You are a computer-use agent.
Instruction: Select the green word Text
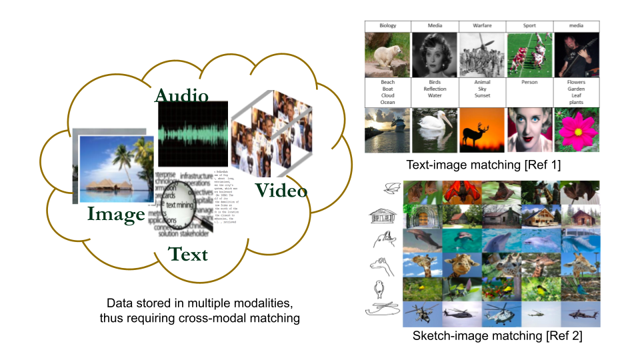point(188,253)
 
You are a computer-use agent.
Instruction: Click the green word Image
point(117,214)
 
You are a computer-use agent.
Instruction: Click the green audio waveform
point(193,133)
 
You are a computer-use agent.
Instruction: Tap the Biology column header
point(387,26)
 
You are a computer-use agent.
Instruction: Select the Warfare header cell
point(482,26)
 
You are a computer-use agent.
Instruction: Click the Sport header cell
point(529,26)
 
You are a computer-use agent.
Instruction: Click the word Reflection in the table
point(435,89)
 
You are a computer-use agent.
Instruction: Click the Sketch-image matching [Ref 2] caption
point(497,337)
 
